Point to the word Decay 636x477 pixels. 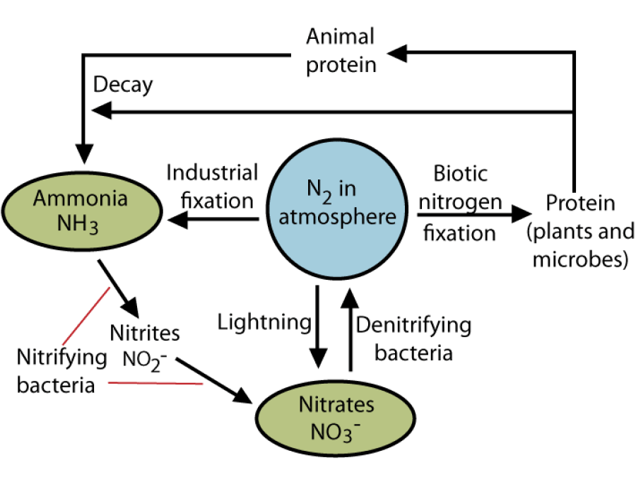(122, 85)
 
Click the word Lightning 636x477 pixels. (264, 322)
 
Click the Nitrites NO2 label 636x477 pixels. (145, 345)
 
